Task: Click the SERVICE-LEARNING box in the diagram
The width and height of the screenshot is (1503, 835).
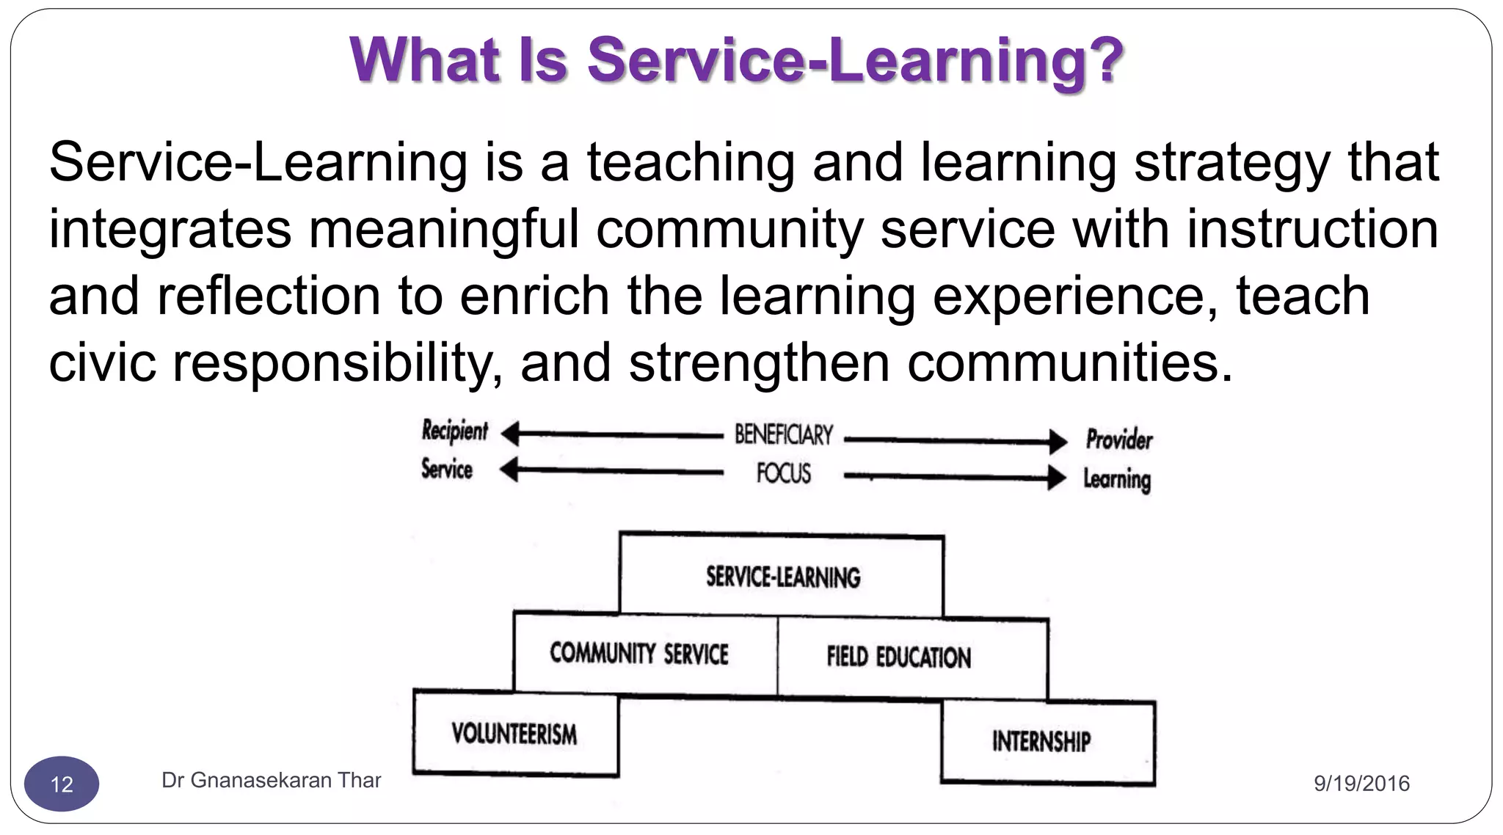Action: [782, 576]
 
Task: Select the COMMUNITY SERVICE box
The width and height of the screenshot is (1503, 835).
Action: [639, 653]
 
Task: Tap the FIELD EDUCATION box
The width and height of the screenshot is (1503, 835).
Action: [899, 657]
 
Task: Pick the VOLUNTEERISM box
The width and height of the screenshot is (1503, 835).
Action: [514, 733]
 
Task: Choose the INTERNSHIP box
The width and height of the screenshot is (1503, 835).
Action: [1041, 741]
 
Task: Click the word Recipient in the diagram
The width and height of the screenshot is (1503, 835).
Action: [454, 431]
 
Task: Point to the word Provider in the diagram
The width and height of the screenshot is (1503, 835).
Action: [1119, 440]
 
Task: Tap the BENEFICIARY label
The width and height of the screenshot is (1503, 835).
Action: [784, 434]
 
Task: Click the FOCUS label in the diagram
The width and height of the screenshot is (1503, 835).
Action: [784, 473]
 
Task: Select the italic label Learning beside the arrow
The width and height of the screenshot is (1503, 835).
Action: [1117, 479]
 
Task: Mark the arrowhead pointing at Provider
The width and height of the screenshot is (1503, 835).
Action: [1058, 442]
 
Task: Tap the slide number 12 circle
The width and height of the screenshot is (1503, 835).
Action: [62, 784]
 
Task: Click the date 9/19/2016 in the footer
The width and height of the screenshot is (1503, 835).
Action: [1361, 784]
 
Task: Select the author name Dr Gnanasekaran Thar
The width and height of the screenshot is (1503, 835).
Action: [271, 780]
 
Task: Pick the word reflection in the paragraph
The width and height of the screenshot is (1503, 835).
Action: [269, 296]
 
